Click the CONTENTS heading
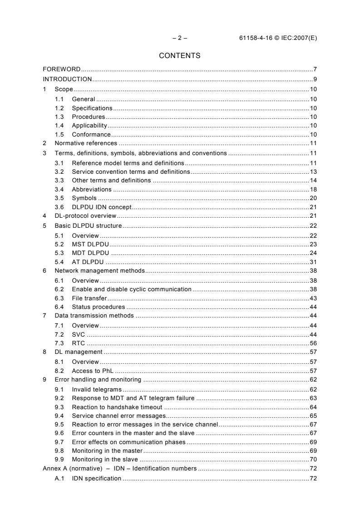pos(180,56)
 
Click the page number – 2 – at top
pos(179,38)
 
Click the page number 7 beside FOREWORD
pos(315,69)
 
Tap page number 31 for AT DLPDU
pos(313,261)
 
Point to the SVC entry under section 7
pos(79,334)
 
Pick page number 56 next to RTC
pos(313,343)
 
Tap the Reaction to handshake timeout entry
pos(117,407)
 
